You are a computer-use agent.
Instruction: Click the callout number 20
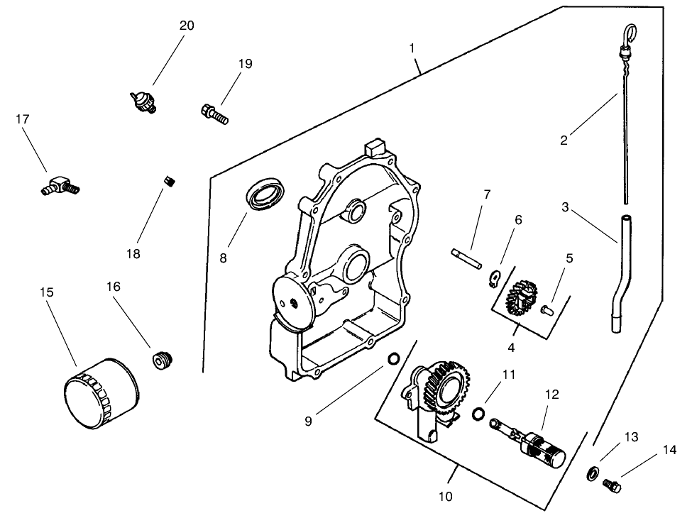click(x=186, y=26)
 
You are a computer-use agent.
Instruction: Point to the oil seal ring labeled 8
click(x=266, y=194)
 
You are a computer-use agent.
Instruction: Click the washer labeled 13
click(x=591, y=474)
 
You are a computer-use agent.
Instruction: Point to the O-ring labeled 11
click(x=479, y=414)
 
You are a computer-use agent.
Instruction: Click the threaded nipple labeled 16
click(x=163, y=360)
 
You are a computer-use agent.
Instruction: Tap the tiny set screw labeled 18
click(x=169, y=182)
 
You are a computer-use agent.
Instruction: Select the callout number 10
click(x=445, y=497)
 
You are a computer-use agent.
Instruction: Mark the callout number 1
click(x=412, y=49)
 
